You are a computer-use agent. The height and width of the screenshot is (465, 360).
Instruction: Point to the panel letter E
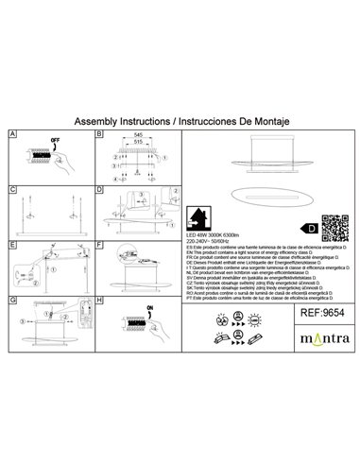tap(11, 245)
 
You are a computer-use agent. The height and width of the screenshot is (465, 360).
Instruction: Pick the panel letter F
tap(99, 245)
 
